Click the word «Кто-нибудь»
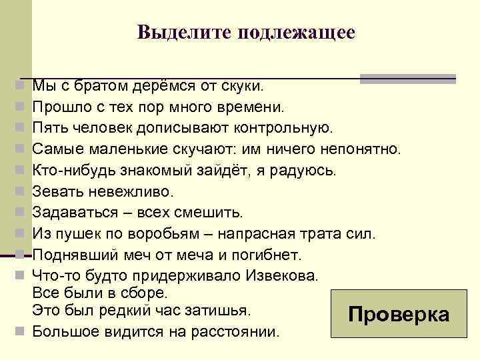[x=72, y=170]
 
